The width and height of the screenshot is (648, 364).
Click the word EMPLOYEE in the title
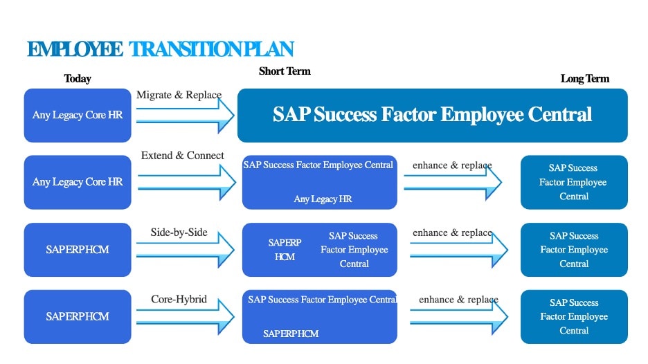[x=75, y=49]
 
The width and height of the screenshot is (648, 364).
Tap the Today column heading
[x=78, y=78]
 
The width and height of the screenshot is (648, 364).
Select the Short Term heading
[x=285, y=71]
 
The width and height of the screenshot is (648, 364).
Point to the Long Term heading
[x=585, y=78]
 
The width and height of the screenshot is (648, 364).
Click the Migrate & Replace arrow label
[x=179, y=95]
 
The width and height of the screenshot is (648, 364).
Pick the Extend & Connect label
[x=182, y=155]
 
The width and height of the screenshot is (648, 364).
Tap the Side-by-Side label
[x=179, y=233]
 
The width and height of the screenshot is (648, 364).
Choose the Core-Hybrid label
[x=179, y=299]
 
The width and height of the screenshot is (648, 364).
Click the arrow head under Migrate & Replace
[x=226, y=116]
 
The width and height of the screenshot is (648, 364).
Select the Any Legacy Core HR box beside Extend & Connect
[x=78, y=182]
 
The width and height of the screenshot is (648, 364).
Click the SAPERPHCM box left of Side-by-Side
[x=78, y=250]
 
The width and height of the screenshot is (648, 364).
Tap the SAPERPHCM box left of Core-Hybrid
[x=78, y=316]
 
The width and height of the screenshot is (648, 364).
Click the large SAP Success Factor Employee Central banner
[x=432, y=116]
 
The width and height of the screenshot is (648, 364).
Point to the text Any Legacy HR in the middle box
[x=323, y=199]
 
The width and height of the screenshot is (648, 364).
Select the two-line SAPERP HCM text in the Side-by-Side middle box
[x=285, y=250]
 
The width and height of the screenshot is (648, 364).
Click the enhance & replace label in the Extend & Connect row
[x=452, y=165]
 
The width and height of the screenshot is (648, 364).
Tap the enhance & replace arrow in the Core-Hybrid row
[x=459, y=316]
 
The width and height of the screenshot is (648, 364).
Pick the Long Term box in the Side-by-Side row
[x=574, y=250]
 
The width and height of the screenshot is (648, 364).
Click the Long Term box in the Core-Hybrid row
[x=574, y=316]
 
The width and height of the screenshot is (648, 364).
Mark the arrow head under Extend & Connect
[x=228, y=182]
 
